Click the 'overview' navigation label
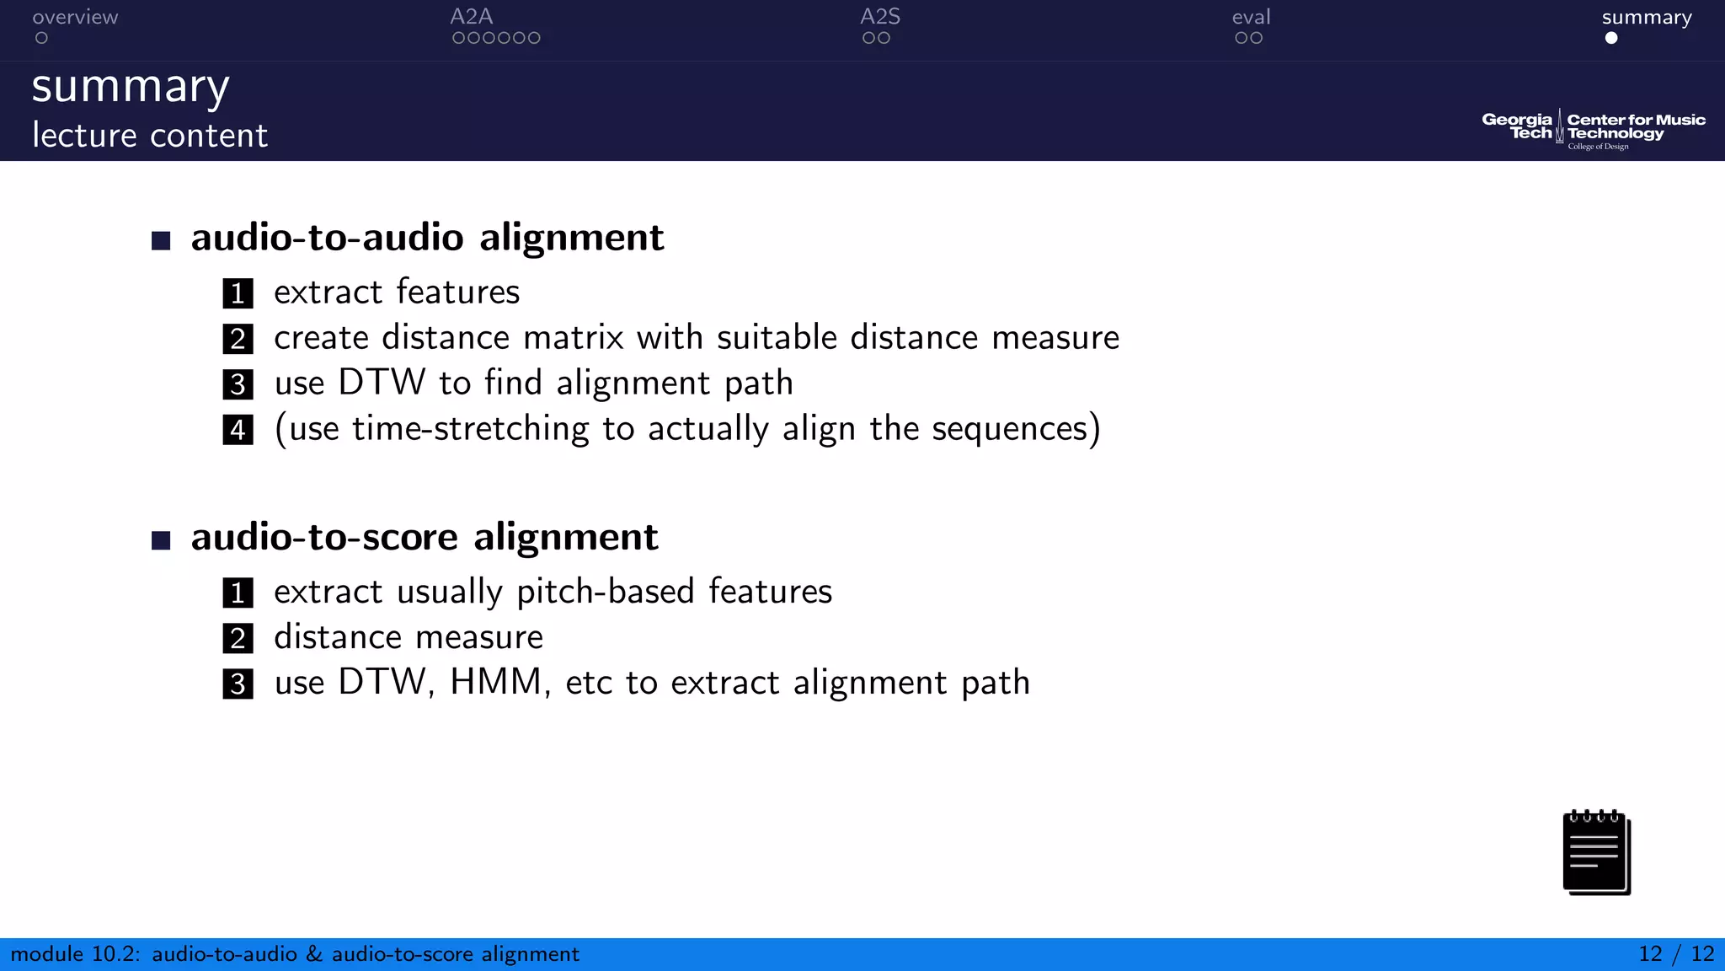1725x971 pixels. (x=75, y=17)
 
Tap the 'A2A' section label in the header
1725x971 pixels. (x=471, y=17)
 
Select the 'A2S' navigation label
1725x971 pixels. (x=879, y=17)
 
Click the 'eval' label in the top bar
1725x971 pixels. (x=1251, y=17)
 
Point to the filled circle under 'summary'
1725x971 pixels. (x=1611, y=38)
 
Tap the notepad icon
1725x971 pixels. (x=1596, y=852)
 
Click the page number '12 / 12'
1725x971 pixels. (x=1675, y=954)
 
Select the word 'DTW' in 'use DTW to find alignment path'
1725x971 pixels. (x=382, y=383)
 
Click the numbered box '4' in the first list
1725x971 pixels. (x=238, y=430)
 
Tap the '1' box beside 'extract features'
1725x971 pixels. (x=238, y=293)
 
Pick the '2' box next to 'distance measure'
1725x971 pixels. (x=238, y=638)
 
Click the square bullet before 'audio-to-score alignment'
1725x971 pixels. (x=161, y=540)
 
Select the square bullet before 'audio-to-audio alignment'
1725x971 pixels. (x=161, y=241)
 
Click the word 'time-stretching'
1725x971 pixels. (x=470, y=428)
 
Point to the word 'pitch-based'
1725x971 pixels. (x=605, y=592)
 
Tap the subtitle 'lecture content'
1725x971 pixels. (x=150, y=135)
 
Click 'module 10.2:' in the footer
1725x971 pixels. (x=75, y=954)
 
